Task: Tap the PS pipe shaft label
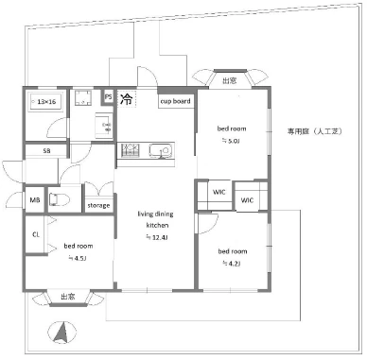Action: (x=109, y=97)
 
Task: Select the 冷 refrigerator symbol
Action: (x=127, y=97)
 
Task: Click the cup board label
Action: (x=175, y=100)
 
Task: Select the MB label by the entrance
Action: (x=34, y=200)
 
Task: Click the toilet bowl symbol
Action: (x=60, y=199)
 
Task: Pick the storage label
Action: (x=98, y=205)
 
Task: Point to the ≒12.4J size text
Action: (x=156, y=238)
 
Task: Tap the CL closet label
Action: (x=36, y=233)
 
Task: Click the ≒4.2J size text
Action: (x=232, y=264)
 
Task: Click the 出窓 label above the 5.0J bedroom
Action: (x=229, y=81)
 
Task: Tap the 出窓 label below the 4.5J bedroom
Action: (x=68, y=297)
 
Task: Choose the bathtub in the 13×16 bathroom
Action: (x=46, y=100)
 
